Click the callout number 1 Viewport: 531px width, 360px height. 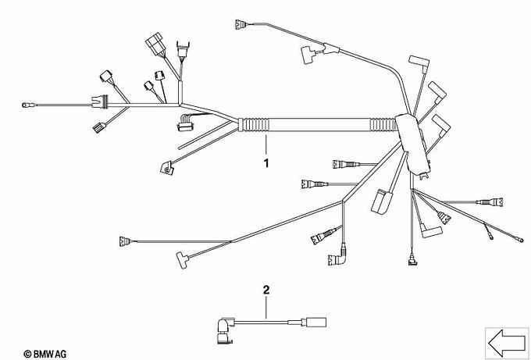(266, 163)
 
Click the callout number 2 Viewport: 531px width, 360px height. (266, 290)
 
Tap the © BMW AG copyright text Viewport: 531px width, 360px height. (45, 355)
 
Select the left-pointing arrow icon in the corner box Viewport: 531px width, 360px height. (507, 343)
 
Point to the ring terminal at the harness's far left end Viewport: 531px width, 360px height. (26, 105)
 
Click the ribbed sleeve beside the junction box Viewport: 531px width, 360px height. (384, 124)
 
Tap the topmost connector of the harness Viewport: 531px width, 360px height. (240, 24)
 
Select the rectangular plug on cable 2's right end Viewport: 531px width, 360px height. (316, 322)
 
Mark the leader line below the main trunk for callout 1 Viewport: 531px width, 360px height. (266, 144)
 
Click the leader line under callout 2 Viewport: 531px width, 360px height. (266, 307)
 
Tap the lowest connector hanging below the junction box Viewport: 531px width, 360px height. (412, 259)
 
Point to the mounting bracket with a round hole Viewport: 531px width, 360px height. (167, 168)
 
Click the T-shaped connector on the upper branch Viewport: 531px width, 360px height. (309, 54)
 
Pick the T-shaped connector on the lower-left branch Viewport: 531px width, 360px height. (183, 260)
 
